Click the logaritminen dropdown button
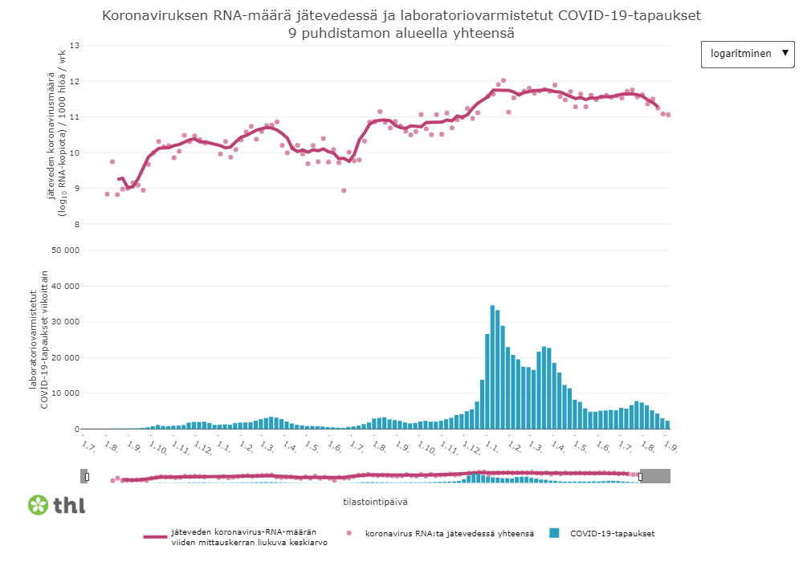coord(748,54)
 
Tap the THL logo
coord(57,505)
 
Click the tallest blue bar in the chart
coord(492,367)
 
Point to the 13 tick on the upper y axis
coord(75,45)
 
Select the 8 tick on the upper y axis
coord(77,224)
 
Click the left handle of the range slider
coord(87,477)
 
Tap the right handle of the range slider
coord(640,477)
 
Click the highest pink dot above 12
coord(503,80)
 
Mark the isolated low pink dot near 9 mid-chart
coord(344,190)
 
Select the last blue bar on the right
coord(666,424)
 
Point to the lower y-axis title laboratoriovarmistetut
coord(34,339)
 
